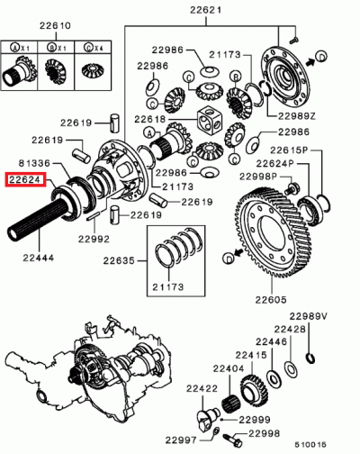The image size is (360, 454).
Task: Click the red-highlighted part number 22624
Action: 24,179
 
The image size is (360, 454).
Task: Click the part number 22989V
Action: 309,317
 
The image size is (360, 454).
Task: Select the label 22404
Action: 229,368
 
